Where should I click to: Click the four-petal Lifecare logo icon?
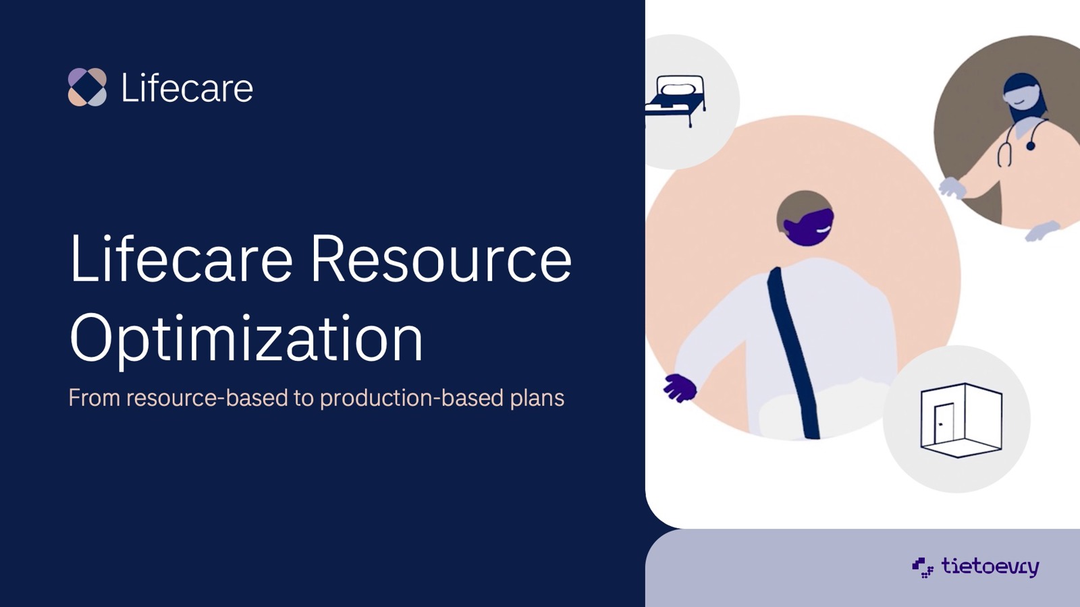pyautogui.click(x=87, y=87)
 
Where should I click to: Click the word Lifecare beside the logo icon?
pyautogui.click(x=187, y=88)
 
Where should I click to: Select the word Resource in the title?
pyautogui.click(x=441, y=258)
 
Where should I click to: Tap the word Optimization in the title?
pyautogui.click(x=246, y=338)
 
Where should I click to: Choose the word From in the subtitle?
pyautogui.click(x=94, y=398)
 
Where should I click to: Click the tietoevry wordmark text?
pyautogui.click(x=990, y=567)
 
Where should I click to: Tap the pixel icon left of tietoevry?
pyautogui.click(x=922, y=567)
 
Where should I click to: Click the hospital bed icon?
pyautogui.click(x=676, y=100)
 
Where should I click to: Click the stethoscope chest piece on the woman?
pyautogui.click(x=1030, y=145)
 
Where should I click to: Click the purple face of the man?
pyautogui.click(x=808, y=227)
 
